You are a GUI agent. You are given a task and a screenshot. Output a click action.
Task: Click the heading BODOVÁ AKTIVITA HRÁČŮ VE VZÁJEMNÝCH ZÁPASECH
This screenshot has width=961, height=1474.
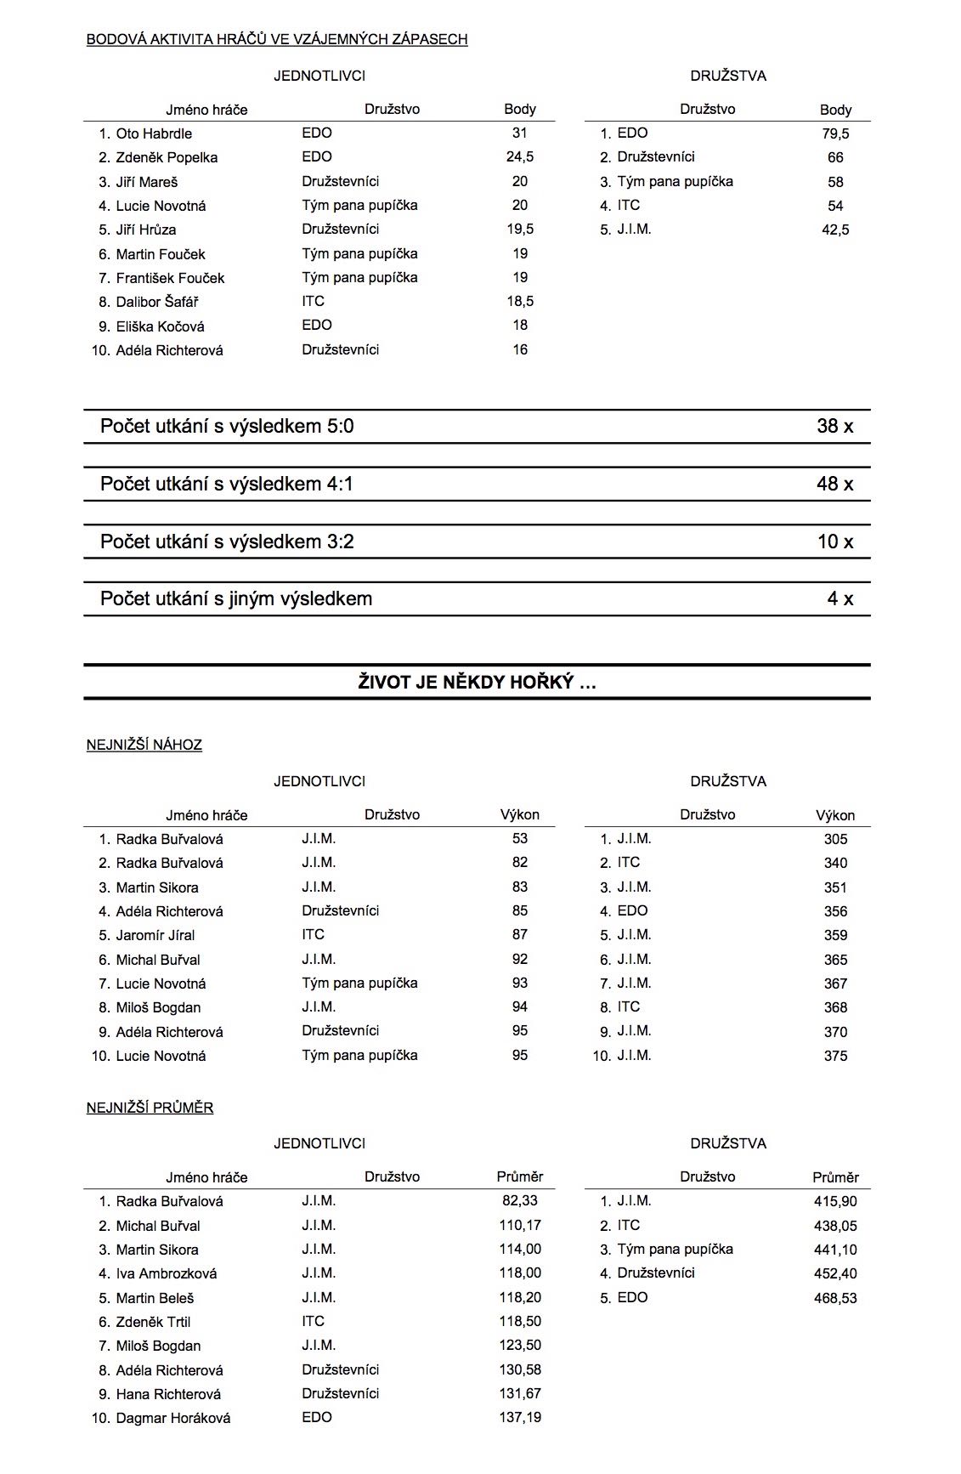277,39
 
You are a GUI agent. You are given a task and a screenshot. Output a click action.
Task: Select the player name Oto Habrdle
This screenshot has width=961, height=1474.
154,133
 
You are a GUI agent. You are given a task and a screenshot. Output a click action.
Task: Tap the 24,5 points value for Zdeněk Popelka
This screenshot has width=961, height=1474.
520,157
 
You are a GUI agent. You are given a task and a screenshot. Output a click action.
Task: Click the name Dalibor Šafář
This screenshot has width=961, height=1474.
157,302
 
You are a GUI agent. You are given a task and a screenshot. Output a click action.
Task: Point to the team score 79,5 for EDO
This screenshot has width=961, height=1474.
835,133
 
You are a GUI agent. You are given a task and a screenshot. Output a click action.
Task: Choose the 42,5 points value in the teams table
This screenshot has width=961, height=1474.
835,230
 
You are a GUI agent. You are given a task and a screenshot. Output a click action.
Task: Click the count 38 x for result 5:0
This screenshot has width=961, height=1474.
834,427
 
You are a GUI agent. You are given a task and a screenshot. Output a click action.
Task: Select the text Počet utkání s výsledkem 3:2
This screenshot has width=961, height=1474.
227,541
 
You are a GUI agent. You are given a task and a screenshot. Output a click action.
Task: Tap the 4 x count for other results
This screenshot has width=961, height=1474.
839,598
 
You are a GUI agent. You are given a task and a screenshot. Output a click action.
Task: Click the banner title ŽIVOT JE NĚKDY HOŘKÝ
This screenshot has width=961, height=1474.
477,682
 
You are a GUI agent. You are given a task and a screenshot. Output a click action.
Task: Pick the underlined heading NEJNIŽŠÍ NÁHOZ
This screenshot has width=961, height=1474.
144,745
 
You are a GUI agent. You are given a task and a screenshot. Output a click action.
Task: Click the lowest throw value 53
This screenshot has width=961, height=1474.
520,839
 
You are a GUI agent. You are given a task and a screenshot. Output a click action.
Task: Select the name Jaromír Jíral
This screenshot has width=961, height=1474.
155,935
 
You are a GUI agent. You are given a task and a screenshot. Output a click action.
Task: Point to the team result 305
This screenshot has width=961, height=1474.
835,839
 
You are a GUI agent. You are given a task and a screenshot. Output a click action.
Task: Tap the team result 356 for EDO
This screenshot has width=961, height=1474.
835,911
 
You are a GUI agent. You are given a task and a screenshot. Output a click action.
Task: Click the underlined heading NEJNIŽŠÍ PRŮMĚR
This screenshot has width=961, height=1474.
150,1108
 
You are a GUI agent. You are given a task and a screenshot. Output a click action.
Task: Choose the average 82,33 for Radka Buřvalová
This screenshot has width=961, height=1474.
520,1201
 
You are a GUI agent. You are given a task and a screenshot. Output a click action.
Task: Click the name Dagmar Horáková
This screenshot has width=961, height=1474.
173,1418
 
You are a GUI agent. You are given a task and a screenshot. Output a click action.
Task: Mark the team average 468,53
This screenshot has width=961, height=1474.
835,1298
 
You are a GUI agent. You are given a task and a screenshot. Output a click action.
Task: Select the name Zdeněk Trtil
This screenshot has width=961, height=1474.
153,1322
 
